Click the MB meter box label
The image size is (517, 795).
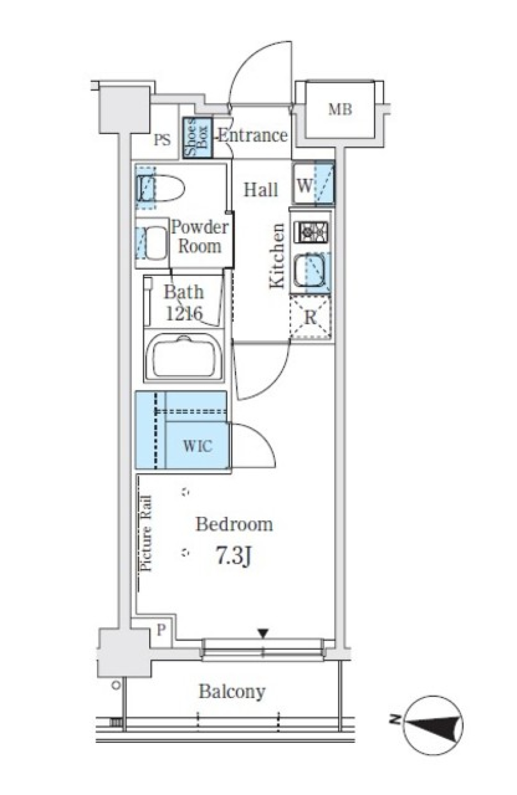point(340,109)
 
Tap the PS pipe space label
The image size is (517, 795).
point(162,140)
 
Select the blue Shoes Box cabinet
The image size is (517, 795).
point(198,137)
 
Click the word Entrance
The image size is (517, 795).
point(253,135)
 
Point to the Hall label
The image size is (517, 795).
point(261,190)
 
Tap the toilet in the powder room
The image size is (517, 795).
point(160,188)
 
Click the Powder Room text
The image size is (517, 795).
point(200,237)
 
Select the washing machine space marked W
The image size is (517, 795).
point(313,182)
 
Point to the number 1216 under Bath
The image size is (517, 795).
point(184,313)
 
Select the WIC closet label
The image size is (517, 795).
point(198,446)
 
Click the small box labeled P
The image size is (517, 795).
point(161,630)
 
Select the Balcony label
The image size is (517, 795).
point(232,692)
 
